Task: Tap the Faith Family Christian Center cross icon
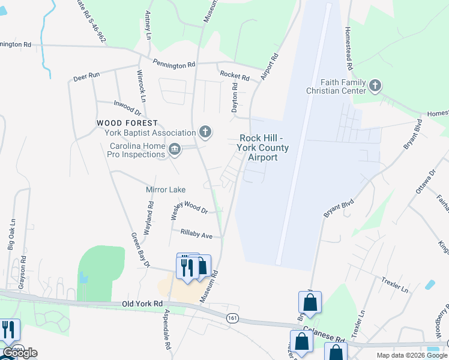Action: pos(375,86)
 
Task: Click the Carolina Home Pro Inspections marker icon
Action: pos(175,148)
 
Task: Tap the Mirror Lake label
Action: pos(166,190)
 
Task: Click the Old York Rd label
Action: pos(142,304)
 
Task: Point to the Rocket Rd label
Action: pos(234,76)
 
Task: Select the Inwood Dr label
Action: pos(127,107)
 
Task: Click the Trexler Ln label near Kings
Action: pos(394,285)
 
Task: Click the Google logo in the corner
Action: pos(20,353)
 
